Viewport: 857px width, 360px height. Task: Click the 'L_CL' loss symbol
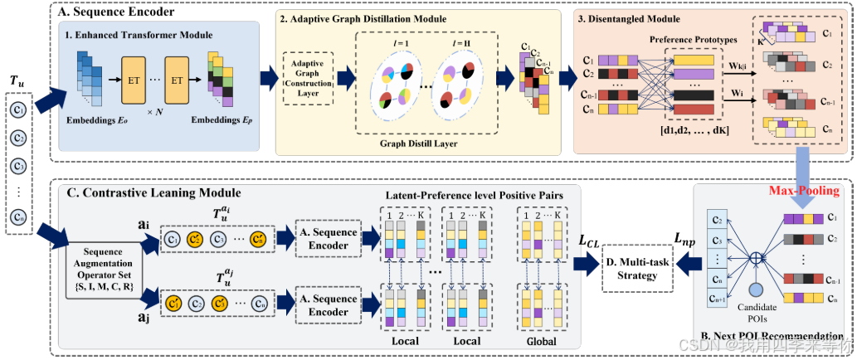591,241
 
